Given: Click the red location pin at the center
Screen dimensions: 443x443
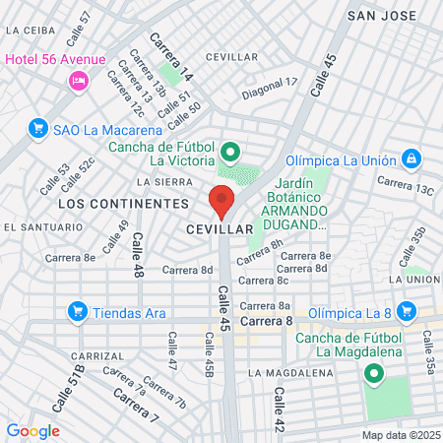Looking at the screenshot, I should click(221, 200).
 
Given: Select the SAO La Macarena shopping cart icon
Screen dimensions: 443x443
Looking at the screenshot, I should click(38, 128).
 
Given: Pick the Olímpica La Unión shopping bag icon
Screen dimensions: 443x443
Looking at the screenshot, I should click(411, 159).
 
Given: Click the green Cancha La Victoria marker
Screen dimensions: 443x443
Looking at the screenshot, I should click(229, 153).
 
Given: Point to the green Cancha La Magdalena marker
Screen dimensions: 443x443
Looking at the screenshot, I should click(373, 375).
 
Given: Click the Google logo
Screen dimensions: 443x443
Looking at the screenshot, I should click(32, 431).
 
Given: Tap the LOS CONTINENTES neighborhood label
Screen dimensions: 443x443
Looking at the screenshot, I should click(123, 203).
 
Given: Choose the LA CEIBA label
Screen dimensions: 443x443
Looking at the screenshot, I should click(30, 30).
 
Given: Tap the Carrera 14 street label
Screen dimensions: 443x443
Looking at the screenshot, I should click(171, 56).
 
